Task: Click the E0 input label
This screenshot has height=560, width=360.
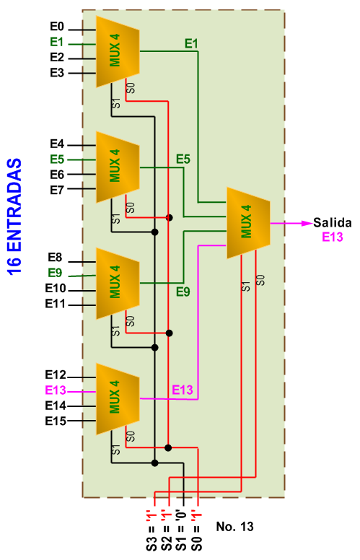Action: (x=57, y=27)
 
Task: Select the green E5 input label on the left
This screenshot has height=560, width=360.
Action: (x=57, y=159)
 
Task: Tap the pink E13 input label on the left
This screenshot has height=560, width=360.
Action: (x=56, y=390)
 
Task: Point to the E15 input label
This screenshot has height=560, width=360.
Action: (x=56, y=421)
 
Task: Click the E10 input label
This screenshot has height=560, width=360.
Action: (x=56, y=288)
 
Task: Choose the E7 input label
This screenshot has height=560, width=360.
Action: (x=57, y=190)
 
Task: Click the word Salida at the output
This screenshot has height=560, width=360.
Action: (x=333, y=223)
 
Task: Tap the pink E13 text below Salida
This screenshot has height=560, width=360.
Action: (x=333, y=237)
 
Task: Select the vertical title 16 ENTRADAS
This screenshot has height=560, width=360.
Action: (x=14, y=216)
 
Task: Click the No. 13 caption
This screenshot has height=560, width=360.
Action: (x=235, y=526)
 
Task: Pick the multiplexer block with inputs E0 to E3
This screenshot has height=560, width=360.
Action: (x=118, y=51)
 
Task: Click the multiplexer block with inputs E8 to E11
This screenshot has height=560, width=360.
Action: (x=118, y=283)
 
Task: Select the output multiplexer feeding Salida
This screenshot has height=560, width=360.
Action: (x=248, y=223)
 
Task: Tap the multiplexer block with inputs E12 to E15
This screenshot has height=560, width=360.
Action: (x=118, y=399)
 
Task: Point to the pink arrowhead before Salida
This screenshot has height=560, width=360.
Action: (x=307, y=223)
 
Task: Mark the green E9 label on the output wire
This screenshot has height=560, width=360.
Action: (x=183, y=292)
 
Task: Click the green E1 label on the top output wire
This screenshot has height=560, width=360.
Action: (x=191, y=43)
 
